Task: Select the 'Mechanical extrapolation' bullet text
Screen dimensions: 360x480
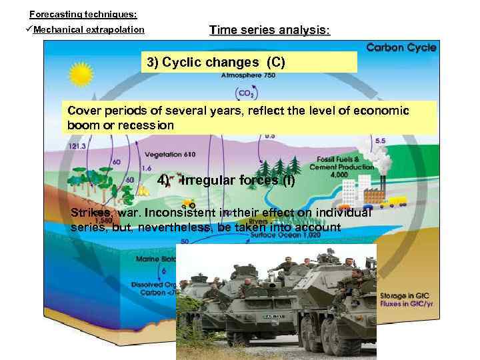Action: pyautogui.click(x=89, y=30)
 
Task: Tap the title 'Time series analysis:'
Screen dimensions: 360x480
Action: pyautogui.click(x=269, y=31)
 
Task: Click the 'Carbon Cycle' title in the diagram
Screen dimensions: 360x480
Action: pyautogui.click(x=401, y=47)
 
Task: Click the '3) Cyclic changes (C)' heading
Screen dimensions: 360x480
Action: pyautogui.click(x=216, y=63)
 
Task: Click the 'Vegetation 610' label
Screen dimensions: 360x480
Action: pyautogui.click(x=170, y=155)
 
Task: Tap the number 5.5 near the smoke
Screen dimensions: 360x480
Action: pyautogui.click(x=380, y=141)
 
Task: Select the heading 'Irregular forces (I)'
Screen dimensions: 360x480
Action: pyautogui.click(x=237, y=181)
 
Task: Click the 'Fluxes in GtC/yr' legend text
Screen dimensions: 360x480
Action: pyautogui.click(x=409, y=305)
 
